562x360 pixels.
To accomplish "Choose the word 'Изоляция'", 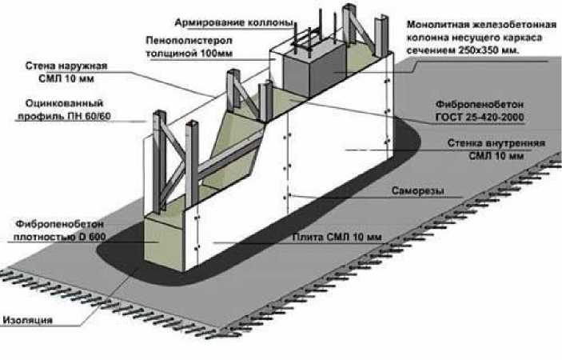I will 28,319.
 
